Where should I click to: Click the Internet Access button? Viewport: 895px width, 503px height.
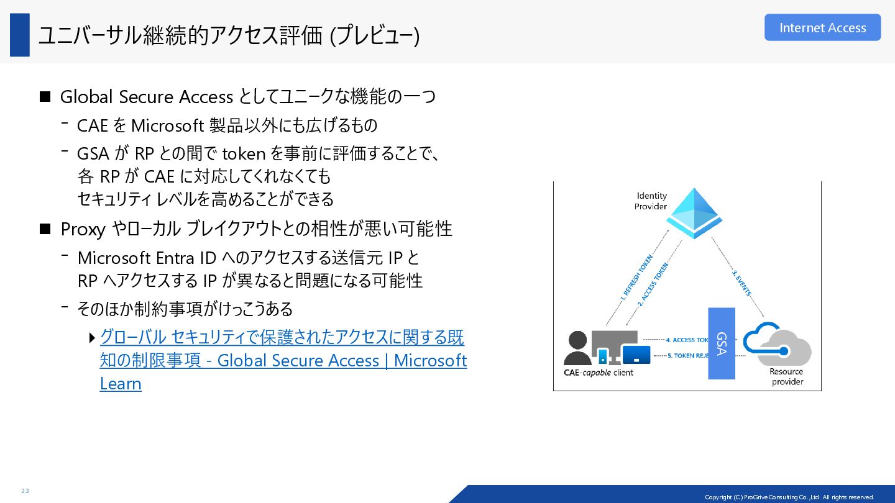(822, 28)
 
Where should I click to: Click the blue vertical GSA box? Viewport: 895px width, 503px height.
(722, 343)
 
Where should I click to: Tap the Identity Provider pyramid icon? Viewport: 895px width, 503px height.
(694, 214)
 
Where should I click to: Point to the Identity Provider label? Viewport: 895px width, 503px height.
(651, 201)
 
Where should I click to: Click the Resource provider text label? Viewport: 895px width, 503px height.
(787, 376)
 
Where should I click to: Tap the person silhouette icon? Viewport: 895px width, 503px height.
(577, 348)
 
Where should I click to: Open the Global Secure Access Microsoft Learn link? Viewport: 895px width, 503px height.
(283, 360)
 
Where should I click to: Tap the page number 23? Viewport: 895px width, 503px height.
(25, 491)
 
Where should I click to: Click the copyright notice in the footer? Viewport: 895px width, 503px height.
(789, 497)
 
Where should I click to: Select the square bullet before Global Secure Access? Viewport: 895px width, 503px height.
(45, 97)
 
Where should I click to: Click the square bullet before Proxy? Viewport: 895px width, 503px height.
(45, 229)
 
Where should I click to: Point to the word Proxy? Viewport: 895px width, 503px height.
(83, 229)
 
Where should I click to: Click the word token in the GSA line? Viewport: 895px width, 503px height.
(244, 153)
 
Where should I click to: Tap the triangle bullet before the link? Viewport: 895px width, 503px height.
(92, 338)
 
